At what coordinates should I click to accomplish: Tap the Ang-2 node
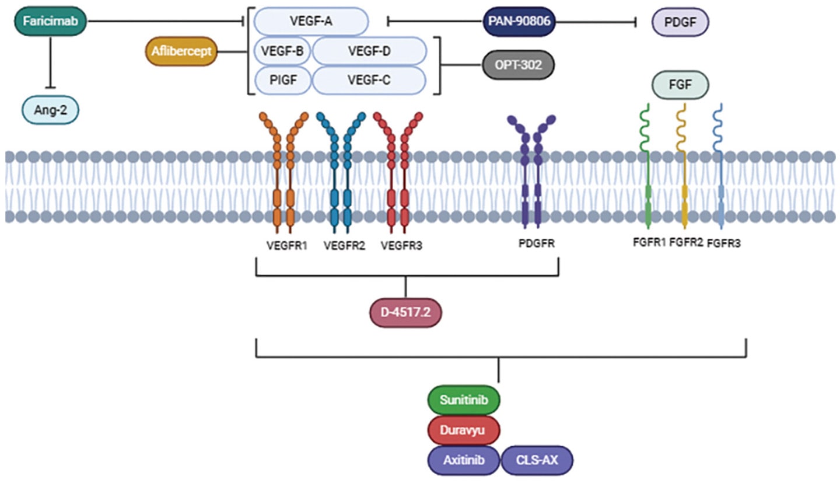(50, 110)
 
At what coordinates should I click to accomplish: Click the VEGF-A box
(312, 22)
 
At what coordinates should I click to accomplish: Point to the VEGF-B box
(282, 51)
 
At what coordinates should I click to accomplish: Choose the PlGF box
(282, 80)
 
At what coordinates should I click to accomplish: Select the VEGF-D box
(369, 51)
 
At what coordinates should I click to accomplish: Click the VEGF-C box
(369, 80)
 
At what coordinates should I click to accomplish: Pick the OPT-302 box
(519, 65)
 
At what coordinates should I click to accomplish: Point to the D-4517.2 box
(405, 314)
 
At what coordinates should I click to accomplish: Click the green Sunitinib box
(464, 400)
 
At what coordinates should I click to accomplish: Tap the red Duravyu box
(464, 430)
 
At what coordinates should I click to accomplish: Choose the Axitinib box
(464, 460)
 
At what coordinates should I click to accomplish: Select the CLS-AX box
(537, 460)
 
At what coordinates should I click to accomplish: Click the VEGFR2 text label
(344, 245)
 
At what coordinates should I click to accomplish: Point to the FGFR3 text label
(723, 244)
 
